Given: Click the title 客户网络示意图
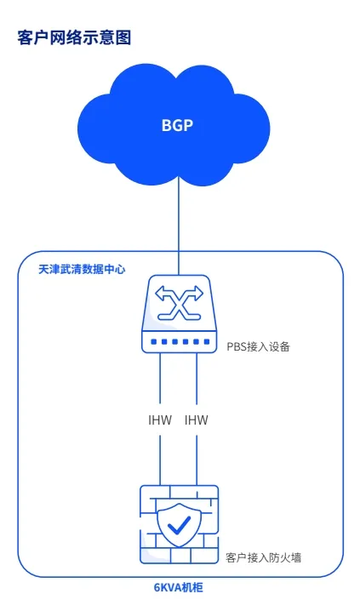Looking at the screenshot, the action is pyautogui.click(x=74, y=37).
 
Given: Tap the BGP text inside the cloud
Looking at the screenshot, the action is pyautogui.click(x=177, y=125).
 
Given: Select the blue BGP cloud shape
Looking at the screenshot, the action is pyautogui.click(x=174, y=125).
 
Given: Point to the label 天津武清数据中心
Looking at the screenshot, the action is pyautogui.click(x=82, y=269).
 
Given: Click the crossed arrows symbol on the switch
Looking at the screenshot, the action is pyautogui.click(x=180, y=303).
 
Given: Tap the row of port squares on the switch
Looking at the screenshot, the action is pyautogui.click(x=180, y=342).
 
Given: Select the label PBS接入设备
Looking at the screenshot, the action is pyautogui.click(x=259, y=346).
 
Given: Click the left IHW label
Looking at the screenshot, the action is pyautogui.click(x=160, y=420).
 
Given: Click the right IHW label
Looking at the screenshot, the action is pyautogui.click(x=196, y=420).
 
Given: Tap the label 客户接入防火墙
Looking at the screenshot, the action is pyautogui.click(x=263, y=557).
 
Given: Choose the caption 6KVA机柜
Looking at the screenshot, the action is pyautogui.click(x=179, y=588).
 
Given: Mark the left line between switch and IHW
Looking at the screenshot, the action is pyautogui.click(x=160, y=379).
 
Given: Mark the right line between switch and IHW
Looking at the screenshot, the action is pyautogui.click(x=196, y=379).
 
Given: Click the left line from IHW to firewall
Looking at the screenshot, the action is pyautogui.click(x=160, y=460).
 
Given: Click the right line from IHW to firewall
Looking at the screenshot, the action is pyautogui.click(x=196, y=460).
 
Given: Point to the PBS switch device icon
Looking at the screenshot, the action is pyautogui.click(x=179, y=314).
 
